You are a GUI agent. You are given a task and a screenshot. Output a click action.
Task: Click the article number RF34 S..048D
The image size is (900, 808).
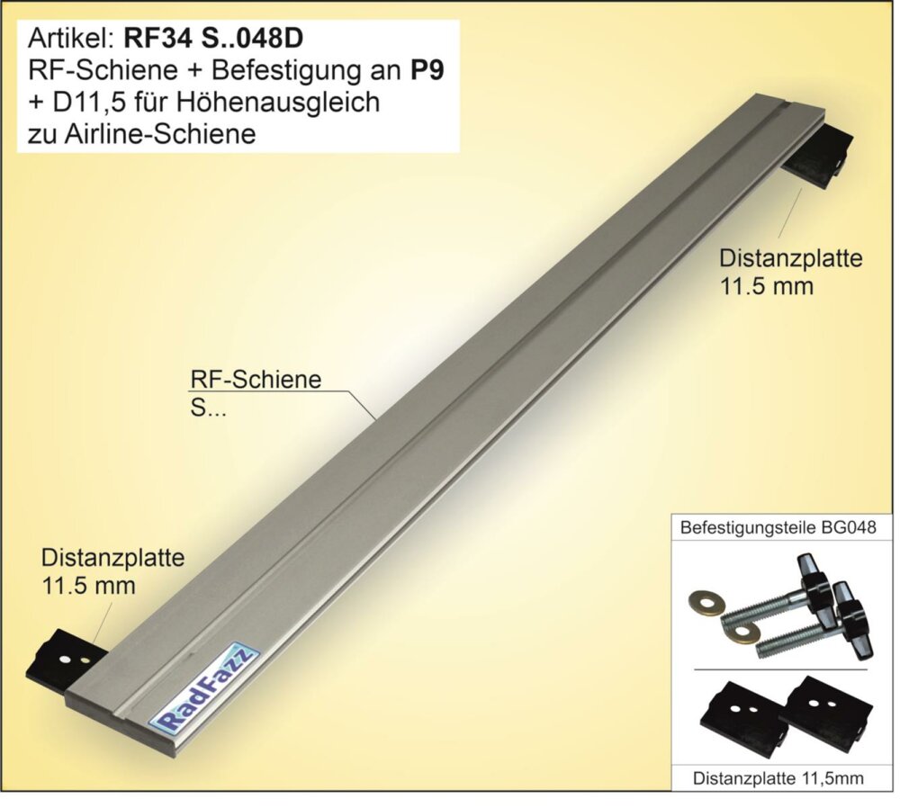tap(213, 40)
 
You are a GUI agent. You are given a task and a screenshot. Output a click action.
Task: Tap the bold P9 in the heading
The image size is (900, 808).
tap(427, 70)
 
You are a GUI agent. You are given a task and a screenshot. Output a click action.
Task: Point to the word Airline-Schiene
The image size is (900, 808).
tap(160, 134)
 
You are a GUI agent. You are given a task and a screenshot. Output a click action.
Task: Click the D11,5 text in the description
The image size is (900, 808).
tap(76, 103)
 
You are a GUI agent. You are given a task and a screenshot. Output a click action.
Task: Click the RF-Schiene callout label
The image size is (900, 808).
tap(256, 393)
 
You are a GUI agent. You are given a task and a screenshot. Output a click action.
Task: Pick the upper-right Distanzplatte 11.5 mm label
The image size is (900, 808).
tap(790, 272)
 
